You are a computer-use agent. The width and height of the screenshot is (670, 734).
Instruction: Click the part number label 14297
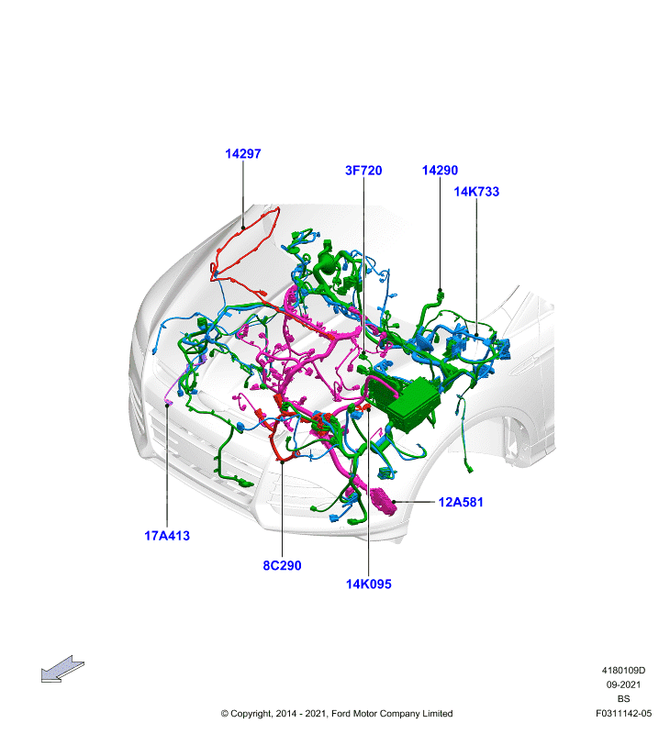pos(242,153)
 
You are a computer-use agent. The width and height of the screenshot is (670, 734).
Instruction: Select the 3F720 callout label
pos(363,171)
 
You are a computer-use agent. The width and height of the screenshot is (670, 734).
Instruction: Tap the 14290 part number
pos(440,171)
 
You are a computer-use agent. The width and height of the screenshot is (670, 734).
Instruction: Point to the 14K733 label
pos(476,192)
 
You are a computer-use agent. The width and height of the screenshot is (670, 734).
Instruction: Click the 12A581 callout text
pos(461,502)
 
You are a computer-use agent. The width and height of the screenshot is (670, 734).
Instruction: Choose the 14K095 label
pos(368,584)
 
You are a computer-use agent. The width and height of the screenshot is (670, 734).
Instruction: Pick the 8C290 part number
pos(282,565)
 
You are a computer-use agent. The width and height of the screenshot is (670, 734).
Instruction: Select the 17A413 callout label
pos(167,536)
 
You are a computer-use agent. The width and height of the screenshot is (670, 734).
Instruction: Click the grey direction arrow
pos(62,669)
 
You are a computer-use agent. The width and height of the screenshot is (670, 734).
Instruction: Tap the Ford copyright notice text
pos(337,714)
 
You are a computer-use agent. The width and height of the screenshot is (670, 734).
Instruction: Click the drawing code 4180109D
pos(623,671)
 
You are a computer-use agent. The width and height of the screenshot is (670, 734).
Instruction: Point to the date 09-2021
pos(623,684)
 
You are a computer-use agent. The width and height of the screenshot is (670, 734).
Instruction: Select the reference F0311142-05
pos(623,714)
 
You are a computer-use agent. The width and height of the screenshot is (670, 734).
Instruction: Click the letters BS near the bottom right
pos(623,699)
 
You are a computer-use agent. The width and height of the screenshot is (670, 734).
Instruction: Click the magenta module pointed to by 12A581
pos(384,501)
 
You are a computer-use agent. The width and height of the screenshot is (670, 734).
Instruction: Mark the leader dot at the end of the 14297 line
pos(243,228)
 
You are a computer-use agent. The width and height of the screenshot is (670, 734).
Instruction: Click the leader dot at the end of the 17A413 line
pos(167,406)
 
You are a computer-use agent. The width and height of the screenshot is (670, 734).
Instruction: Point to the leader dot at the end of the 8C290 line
pos(283,462)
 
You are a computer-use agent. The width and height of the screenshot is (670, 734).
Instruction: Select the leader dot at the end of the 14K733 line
pos(476,335)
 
